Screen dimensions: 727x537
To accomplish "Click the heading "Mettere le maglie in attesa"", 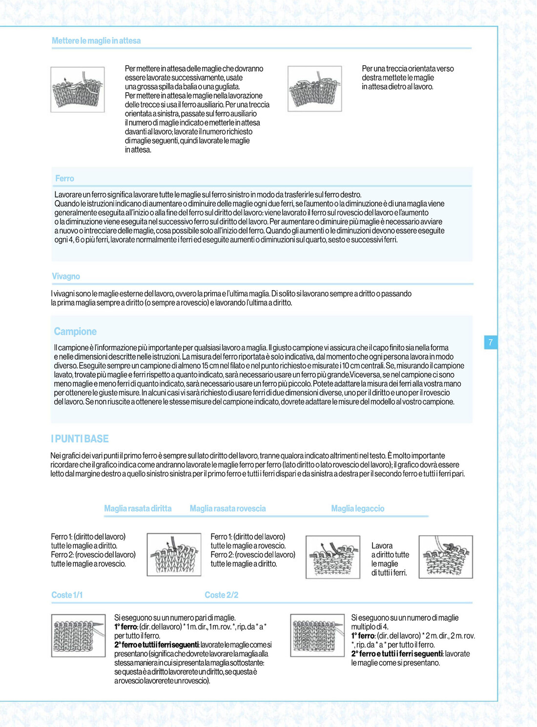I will [96, 41].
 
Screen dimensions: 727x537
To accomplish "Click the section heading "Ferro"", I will [64, 179].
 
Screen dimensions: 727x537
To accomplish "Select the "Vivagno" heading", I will [66, 276].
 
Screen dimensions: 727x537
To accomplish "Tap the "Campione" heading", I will [75, 332].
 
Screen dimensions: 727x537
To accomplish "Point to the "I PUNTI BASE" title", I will [80, 439].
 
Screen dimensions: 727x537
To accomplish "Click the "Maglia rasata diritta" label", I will [138, 508].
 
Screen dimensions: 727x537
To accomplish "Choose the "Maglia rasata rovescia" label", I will [227, 508].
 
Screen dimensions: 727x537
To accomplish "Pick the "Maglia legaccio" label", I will [357, 508].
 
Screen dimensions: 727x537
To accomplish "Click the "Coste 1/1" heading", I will [67, 595].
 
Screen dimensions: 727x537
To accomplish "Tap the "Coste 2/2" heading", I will [222, 595].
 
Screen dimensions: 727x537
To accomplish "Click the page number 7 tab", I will [491, 342].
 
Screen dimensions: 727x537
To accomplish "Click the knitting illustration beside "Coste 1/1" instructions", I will [78, 635].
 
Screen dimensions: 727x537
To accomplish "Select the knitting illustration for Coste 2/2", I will [317, 635].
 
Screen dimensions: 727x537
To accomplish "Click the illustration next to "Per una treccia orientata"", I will [315, 89].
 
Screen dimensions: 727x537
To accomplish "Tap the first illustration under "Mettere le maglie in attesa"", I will [78, 89].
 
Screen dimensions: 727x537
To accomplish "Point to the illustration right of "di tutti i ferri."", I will [446, 557].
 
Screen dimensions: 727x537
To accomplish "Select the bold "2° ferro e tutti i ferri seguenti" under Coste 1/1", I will [156, 645].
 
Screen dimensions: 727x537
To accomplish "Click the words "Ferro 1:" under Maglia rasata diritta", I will [62, 537].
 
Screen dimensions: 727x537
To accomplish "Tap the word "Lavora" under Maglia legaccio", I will [382, 546].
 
